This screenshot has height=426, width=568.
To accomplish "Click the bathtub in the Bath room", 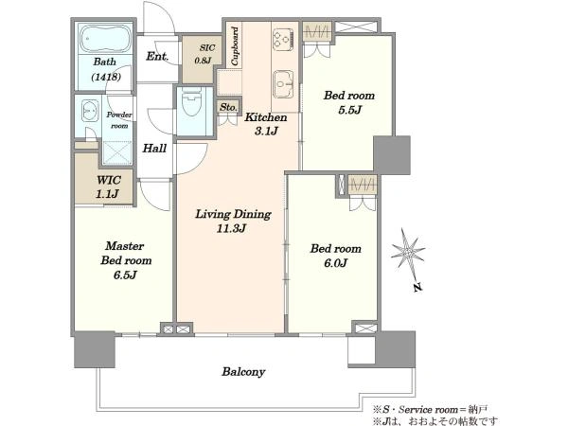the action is coord(105,39).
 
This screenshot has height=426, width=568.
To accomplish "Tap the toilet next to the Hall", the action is coord(191,102).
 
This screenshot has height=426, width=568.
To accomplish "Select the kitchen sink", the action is coord(283,84).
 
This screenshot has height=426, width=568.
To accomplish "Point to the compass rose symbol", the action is coord(408,252).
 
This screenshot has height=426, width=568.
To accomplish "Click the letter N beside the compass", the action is coord(418,288).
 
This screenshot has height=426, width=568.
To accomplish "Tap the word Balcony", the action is coord(243,372).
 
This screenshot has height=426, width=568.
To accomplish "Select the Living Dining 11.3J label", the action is coord(233,221).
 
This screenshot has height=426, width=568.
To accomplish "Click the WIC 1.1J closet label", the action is coord(108,186).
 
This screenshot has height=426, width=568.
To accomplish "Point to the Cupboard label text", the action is coord(235,46).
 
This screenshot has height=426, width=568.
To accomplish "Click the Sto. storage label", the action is coord(228,107).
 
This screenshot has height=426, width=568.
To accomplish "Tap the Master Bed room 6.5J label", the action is coord(126,260).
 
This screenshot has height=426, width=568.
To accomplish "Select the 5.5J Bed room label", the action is coord(348,102).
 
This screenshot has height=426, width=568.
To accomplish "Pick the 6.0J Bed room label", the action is coord(335,256).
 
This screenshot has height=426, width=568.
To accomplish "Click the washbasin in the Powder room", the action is coord(90,111).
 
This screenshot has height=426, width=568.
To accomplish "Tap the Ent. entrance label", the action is coord(157,57).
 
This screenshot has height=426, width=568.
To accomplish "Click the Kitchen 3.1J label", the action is coord(266,123).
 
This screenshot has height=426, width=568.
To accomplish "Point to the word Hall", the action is coord(154,149).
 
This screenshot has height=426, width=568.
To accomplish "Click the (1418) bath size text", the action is coord(106,77).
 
